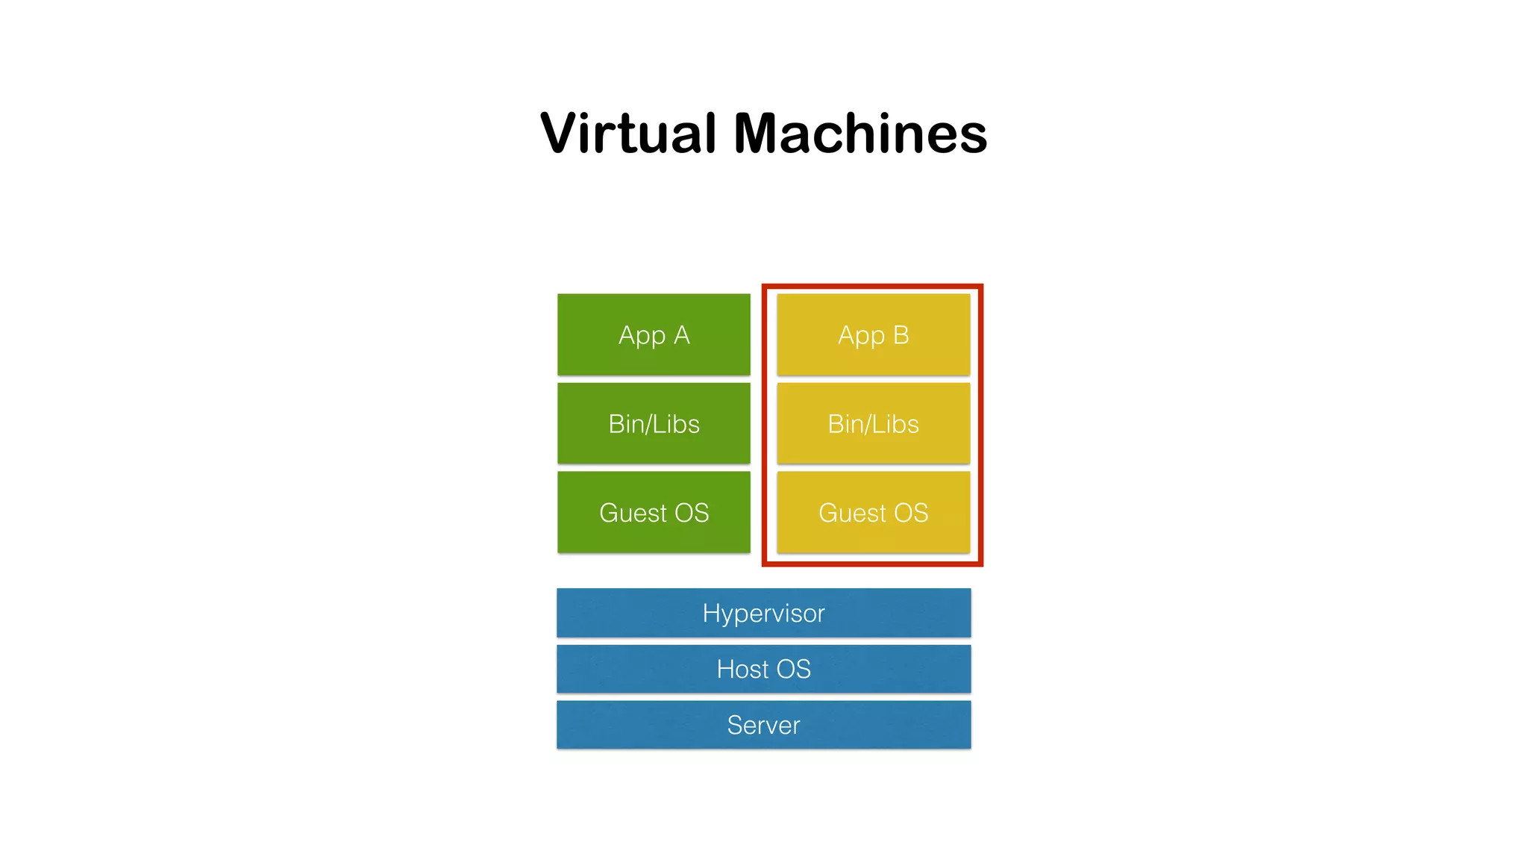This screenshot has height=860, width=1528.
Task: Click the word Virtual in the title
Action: [x=627, y=134]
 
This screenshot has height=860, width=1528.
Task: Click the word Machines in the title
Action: [x=860, y=134]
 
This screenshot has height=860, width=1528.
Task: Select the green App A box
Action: [x=654, y=334]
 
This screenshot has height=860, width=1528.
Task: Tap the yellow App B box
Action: [x=873, y=334]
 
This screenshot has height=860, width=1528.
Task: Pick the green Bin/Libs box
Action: [x=654, y=423]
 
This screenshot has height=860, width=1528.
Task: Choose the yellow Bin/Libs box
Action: [x=873, y=423]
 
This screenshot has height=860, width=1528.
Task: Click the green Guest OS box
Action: [x=654, y=512]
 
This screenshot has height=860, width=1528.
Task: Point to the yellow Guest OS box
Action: [x=873, y=512]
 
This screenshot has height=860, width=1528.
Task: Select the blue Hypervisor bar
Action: [x=763, y=613]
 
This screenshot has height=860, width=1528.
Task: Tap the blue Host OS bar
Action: [x=763, y=669]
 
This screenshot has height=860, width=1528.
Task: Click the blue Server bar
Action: [x=763, y=725]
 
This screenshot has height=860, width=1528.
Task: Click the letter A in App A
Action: [x=681, y=335]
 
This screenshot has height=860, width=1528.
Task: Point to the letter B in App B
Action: [x=901, y=335]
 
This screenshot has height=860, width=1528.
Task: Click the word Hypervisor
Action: [x=763, y=614]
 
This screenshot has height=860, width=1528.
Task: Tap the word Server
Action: [x=763, y=725]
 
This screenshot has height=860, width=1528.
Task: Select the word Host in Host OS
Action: [x=742, y=669]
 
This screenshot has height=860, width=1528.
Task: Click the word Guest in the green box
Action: [x=633, y=513]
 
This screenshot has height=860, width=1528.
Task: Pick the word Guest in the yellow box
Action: [x=852, y=513]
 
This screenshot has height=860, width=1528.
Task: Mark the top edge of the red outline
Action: [x=872, y=287]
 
